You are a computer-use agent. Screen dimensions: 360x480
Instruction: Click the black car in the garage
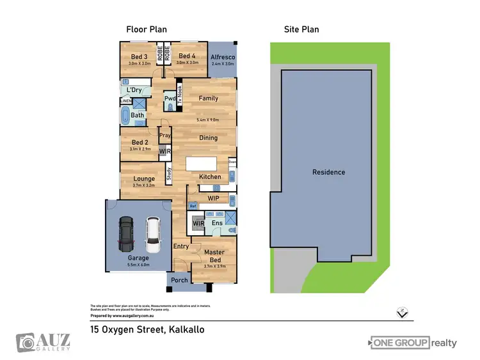point(126,234)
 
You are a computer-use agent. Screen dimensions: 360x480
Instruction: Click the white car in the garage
point(152,234)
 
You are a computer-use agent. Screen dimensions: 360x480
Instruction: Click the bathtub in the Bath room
point(125,116)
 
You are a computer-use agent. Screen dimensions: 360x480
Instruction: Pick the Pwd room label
point(170,99)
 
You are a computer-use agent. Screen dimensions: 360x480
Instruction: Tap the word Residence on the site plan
point(328,172)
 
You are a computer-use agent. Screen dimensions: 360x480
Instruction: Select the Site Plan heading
point(301,29)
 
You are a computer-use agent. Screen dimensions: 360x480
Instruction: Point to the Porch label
point(180,280)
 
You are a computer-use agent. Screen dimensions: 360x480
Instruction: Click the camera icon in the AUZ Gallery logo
point(26,342)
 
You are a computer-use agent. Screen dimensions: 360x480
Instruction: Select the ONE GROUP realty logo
point(413,343)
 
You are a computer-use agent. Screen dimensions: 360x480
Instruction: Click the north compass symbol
point(401,313)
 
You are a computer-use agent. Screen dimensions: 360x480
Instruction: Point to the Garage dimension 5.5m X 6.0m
point(138,264)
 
